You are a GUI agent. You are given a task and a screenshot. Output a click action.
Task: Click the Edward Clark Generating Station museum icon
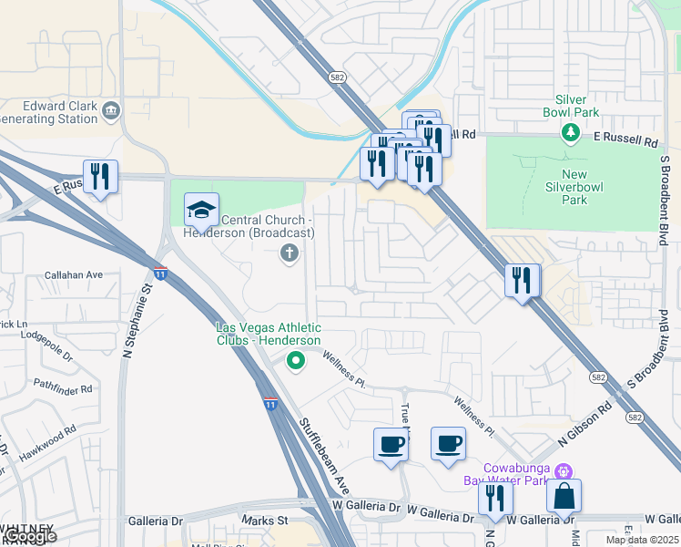click(111, 111)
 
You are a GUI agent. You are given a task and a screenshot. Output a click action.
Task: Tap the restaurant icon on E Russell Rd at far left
click(100, 175)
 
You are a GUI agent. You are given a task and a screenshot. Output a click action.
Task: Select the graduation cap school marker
click(201, 210)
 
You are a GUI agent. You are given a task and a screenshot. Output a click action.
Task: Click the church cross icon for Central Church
click(290, 253)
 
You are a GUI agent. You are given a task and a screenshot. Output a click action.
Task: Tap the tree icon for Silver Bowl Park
click(571, 133)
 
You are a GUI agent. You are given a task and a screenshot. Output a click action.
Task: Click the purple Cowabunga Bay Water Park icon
click(564, 471)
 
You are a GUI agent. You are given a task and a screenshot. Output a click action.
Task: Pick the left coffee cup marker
click(391, 444)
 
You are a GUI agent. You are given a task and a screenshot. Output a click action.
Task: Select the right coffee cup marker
click(448, 443)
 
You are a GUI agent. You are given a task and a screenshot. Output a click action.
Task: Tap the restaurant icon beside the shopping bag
click(495, 498)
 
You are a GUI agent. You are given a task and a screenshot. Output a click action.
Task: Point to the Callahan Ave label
click(74, 274)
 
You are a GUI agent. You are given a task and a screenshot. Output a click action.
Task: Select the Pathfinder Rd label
click(62, 388)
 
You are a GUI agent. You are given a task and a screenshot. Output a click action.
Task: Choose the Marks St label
click(264, 521)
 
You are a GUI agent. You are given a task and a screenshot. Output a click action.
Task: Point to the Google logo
click(29, 536)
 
